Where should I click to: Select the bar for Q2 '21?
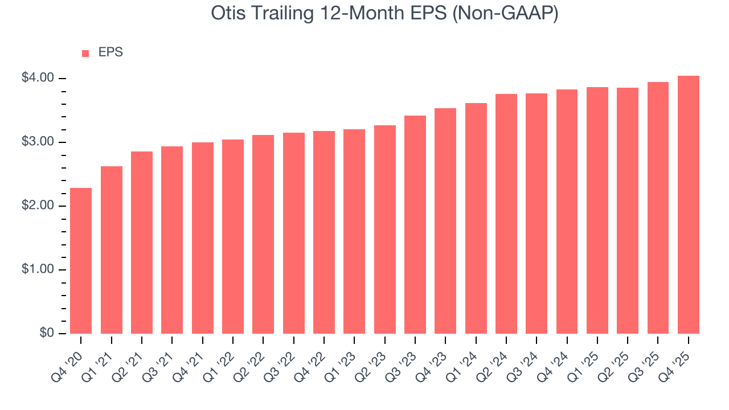(x=142, y=243)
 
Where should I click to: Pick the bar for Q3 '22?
(x=294, y=233)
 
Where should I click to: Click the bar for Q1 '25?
(x=597, y=210)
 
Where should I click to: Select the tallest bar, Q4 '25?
(x=689, y=204)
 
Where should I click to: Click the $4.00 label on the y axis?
(x=38, y=78)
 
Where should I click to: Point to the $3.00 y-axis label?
(x=38, y=142)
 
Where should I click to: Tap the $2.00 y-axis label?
(x=38, y=206)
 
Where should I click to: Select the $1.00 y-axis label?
(x=38, y=269)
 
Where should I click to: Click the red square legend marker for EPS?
(x=85, y=53)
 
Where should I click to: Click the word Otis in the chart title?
(x=226, y=14)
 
